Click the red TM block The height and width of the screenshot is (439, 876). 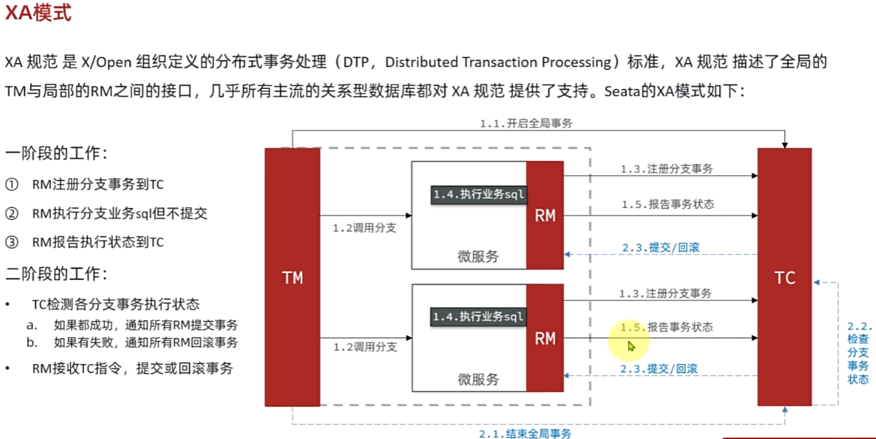pyautogui.click(x=292, y=277)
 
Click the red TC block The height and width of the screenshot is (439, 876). pyautogui.click(x=784, y=277)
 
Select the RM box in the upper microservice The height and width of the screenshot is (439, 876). pyautogui.click(x=545, y=216)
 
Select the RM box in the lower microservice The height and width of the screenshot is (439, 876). pyautogui.click(x=545, y=338)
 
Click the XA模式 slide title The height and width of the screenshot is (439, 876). pyautogui.click(x=38, y=13)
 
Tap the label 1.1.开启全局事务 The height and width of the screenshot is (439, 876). pyautogui.click(x=526, y=123)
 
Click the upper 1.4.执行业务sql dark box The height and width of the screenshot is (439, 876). pyautogui.click(x=478, y=194)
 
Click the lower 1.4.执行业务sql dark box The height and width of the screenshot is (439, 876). pyautogui.click(x=478, y=316)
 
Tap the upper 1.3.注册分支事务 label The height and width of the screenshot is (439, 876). pyautogui.click(x=666, y=169)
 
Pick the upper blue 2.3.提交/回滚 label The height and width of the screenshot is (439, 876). pyautogui.click(x=660, y=247)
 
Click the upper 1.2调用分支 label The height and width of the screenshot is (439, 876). pyautogui.click(x=365, y=227)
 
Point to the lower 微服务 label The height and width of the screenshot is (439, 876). pyautogui.click(x=478, y=379)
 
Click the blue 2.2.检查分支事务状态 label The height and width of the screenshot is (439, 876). pyautogui.click(x=858, y=353)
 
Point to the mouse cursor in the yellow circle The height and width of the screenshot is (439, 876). pyautogui.click(x=631, y=346)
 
